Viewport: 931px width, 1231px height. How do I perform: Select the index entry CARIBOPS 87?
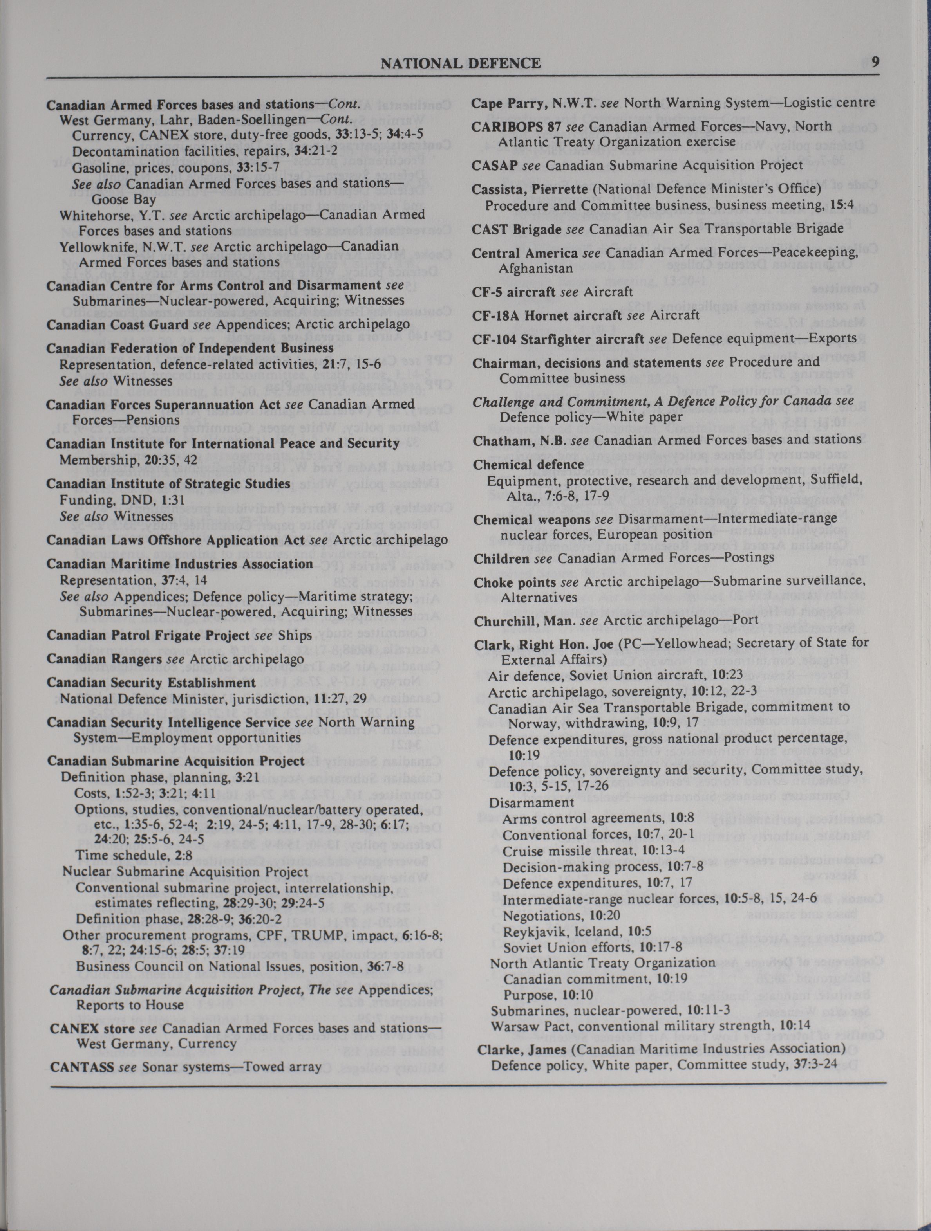(515, 126)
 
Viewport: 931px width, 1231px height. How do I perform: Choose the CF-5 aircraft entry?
(514, 292)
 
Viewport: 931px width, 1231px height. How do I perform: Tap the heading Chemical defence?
(528, 464)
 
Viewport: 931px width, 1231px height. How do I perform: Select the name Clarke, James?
(522, 1049)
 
